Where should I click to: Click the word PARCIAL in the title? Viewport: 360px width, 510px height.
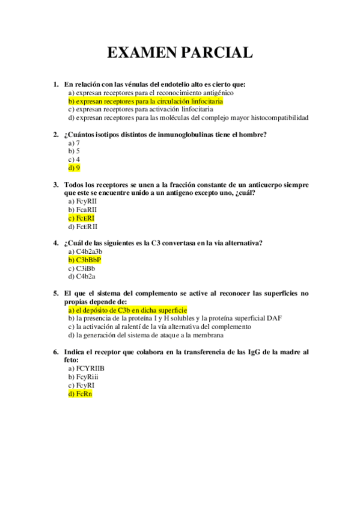(214, 53)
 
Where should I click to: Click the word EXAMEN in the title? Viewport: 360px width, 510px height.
(140, 53)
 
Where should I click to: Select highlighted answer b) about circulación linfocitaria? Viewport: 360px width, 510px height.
(137, 102)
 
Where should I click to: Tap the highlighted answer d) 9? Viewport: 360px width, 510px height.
(74, 168)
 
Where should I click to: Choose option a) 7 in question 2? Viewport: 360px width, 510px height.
(74, 143)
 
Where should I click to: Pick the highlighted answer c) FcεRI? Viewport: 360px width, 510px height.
(82, 218)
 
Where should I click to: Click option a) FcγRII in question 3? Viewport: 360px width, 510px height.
(83, 201)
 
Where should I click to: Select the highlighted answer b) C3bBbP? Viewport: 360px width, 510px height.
(85, 260)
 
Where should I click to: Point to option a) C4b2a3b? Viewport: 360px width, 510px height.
(86, 251)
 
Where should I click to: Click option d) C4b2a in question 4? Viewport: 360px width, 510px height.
(82, 277)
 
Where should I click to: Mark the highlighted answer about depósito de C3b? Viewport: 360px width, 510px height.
(127, 310)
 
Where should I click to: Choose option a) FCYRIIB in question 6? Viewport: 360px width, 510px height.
(87, 368)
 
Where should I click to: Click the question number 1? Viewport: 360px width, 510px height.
(55, 85)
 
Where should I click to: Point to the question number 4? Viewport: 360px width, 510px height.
(55, 243)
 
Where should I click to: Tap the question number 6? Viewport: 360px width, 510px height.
(55, 352)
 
